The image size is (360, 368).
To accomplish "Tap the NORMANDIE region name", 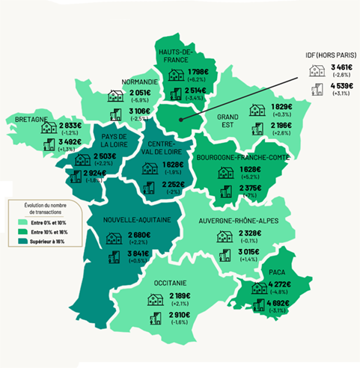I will (139, 82).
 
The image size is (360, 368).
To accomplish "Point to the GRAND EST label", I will (228, 122).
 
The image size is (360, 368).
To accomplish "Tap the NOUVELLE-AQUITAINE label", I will (130, 220).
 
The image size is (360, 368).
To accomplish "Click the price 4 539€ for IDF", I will (342, 88).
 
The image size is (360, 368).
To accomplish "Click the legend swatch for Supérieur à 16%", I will (23, 240).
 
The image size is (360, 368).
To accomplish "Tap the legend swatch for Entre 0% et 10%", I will (23, 222).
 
